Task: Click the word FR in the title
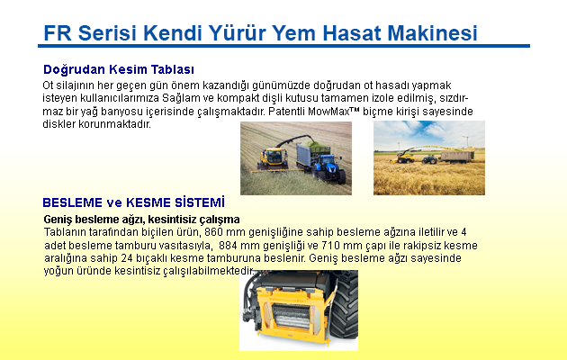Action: click(x=58, y=33)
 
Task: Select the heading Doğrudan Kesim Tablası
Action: click(x=119, y=69)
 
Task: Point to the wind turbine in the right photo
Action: click(x=466, y=141)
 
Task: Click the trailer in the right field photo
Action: click(x=457, y=157)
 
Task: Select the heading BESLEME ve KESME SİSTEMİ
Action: click(x=133, y=202)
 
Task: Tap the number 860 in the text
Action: click(x=213, y=231)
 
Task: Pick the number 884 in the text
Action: click(x=228, y=246)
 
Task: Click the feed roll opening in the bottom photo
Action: click(x=292, y=316)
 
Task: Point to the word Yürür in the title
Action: click(x=238, y=33)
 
